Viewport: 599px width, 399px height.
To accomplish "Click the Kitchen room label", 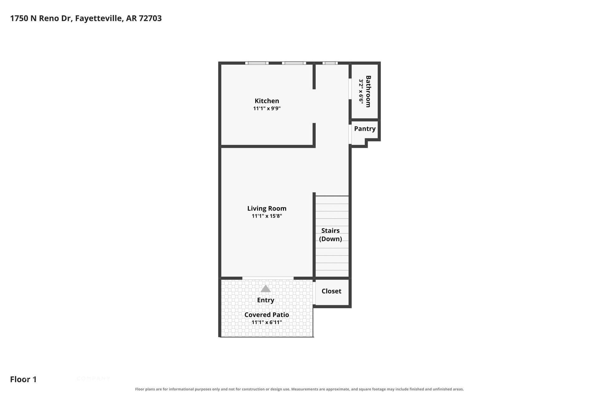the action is tap(267, 101).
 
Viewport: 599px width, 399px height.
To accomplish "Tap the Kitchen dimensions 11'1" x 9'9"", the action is tap(267, 108).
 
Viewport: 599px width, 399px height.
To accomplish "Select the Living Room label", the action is tap(267, 208).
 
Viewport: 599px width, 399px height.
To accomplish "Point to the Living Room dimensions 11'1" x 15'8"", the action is tap(267, 216).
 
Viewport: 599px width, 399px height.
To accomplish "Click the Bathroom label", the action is tap(368, 91).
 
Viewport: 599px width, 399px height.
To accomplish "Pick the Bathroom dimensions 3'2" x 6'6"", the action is tap(361, 91).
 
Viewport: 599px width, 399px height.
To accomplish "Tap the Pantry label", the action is tap(365, 129).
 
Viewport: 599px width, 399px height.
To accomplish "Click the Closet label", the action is tap(331, 291).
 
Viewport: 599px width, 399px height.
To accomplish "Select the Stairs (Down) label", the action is tap(330, 235).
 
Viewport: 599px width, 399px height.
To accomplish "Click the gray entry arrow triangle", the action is tap(265, 289).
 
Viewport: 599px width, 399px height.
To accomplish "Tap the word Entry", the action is tap(265, 300).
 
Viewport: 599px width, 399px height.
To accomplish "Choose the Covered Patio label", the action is tap(267, 315).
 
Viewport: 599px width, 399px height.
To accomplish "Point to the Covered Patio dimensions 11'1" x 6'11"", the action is tap(267, 322).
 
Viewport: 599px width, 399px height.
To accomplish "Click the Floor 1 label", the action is tap(23, 379).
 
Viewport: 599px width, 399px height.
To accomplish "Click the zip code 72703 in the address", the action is tap(150, 18).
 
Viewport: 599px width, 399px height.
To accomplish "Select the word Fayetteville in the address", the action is tap(99, 18).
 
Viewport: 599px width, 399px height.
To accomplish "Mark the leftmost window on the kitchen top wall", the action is tap(257, 63).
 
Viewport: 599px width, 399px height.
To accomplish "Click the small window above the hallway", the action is tap(330, 63).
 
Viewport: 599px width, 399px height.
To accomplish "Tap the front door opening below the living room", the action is tap(268, 278).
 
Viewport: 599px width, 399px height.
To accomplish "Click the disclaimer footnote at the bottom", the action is tap(299, 389).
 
